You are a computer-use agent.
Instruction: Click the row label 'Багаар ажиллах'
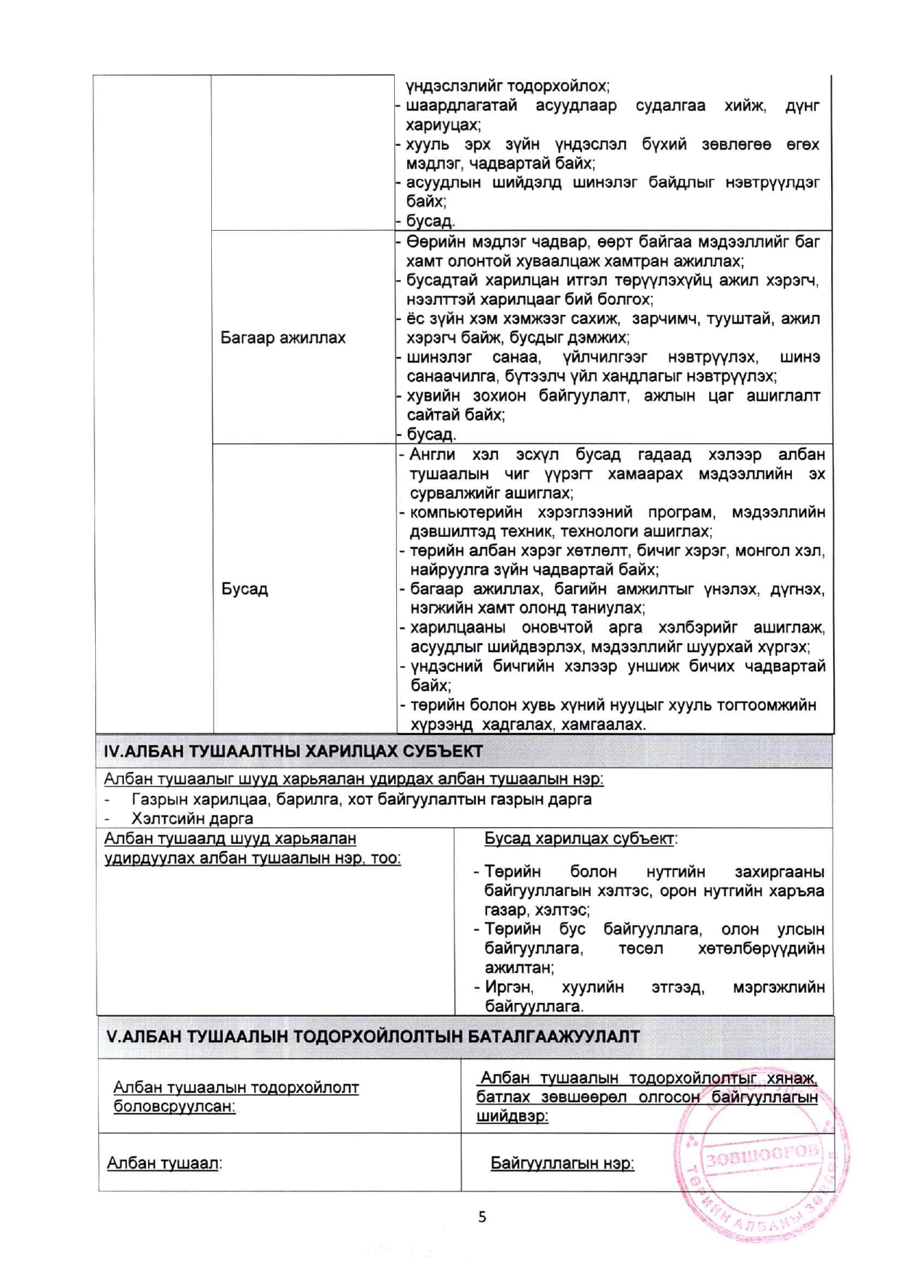[283, 338]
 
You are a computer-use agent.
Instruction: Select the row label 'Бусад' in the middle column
[245, 588]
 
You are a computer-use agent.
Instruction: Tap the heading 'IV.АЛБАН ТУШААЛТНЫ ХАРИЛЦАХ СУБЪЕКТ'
[293, 752]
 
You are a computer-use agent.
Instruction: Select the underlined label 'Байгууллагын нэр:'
[562, 1164]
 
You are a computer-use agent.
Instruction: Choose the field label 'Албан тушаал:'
[164, 1164]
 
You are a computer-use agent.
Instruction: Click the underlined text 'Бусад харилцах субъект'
[578, 839]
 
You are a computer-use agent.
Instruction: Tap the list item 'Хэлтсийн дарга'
[192, 819]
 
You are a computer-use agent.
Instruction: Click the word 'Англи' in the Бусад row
[433, 455]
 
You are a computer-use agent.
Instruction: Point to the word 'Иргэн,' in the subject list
[509, 988]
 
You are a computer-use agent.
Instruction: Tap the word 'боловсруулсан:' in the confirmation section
[174, 1107]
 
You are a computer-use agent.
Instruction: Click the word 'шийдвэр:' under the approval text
[512, 1117]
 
